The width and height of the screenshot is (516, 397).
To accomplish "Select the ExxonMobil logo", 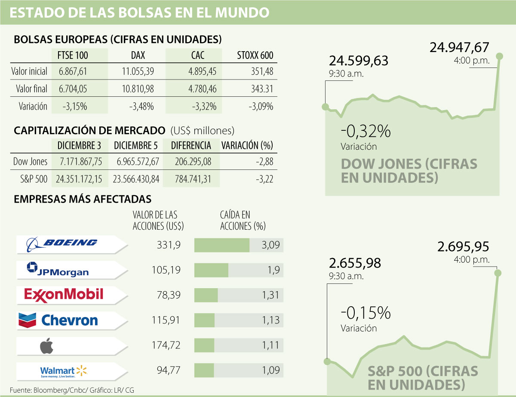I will point(64,294).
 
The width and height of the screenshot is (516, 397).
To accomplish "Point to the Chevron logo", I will point(58,320).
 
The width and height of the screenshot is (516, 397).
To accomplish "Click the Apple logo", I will point(46,345).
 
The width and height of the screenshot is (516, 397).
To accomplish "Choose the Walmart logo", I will point(64,371).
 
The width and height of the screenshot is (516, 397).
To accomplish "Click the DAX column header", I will point(138,55).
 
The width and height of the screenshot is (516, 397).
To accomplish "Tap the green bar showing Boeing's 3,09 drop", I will point(222,245).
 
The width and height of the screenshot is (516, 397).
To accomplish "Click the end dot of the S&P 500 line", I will point(498,272).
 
